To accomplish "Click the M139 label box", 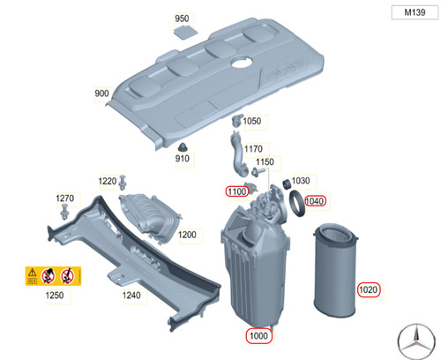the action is [415, 12].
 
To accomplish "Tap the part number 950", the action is [182, 19].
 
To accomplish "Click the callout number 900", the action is [101, 94].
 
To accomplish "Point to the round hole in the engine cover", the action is [242, 62].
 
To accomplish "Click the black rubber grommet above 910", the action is [183, 147].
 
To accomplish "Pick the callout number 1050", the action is [252, 121].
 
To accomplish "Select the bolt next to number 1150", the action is [258, 172].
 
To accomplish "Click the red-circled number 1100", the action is [237, 191].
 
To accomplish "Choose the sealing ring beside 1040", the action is [297, 203].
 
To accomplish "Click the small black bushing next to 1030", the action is [287, 184].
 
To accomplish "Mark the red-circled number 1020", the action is [369, 289].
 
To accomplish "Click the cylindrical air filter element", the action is [335, 270].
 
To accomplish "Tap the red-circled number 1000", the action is [258, 335].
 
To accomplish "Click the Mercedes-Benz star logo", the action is [416, 341].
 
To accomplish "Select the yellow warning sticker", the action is [53, 276].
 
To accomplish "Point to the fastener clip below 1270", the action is [64, 212].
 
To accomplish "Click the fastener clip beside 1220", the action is [123, 183].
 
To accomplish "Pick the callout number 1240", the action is [131, 295].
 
